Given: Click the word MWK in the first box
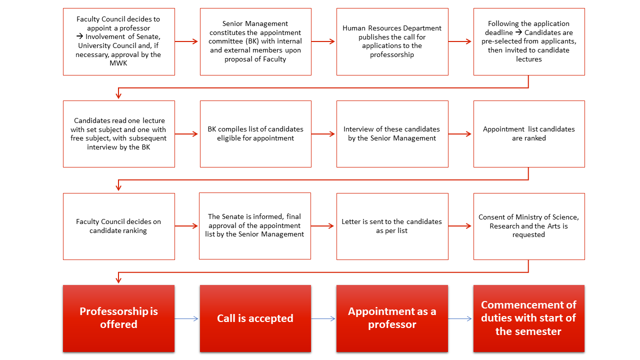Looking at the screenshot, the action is coord(118,63).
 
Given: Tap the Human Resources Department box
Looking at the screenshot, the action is coord(392,41).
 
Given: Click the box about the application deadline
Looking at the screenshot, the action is coord(529,41).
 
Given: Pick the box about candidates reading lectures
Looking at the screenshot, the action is coord(119,134).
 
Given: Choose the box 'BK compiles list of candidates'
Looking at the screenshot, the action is coord(255,134).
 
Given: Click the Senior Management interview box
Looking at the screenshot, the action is coord(392,134).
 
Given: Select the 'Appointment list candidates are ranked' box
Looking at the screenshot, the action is coord(529,134).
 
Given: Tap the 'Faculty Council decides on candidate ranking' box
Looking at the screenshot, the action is coord(119,226).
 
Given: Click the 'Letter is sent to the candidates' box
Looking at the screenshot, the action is coord(392,226).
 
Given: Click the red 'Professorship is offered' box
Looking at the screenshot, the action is coord(119,318).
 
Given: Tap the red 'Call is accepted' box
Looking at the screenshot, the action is coord(255,318).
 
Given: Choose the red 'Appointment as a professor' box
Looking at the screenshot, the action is coord(392,318).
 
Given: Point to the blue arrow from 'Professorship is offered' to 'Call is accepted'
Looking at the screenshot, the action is coord(186,318).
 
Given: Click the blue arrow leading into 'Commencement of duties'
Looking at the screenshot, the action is coord(460,318).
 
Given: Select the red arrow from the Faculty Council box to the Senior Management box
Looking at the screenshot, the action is coord(186,41).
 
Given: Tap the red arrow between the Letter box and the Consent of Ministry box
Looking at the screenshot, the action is coord(459,226).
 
